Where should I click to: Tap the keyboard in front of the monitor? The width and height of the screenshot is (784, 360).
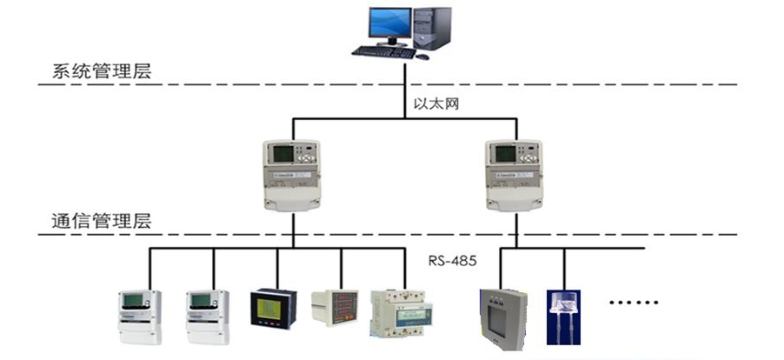pyautogui.click(x=382, y=51)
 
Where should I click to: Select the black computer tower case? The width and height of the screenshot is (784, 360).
pyautogui.click(x=432, y=28)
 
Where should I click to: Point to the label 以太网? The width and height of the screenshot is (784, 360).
pyautogui.click(x=435, y=103)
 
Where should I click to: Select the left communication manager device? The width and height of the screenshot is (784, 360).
pyautogui.click(x=293, y=175)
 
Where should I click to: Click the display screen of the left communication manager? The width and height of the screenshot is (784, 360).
pyautogui.click(x=282, y=155)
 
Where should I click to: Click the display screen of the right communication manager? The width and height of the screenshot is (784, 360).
pyautogui.click(x=506, y=155)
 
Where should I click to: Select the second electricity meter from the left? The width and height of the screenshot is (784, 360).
pyautogui.click(x=208, y=314)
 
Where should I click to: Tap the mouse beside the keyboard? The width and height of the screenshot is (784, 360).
pyautogui.click(x=422, y=56)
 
